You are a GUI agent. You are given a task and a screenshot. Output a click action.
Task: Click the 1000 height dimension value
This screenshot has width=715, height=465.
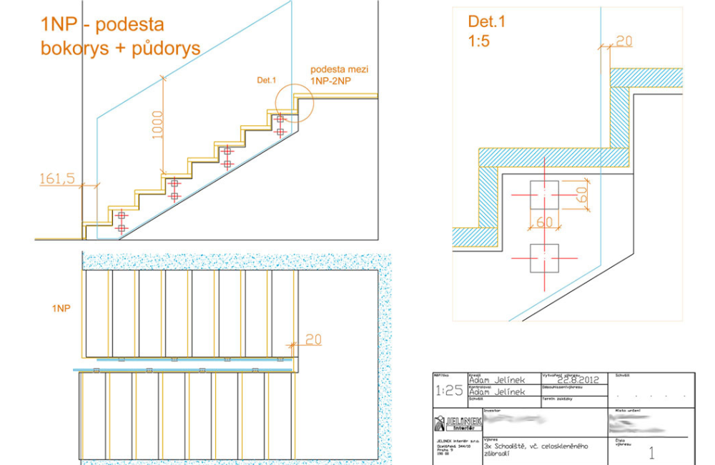coord(158,124)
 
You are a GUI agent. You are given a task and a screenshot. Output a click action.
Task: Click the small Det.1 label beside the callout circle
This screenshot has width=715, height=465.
coord(267,81)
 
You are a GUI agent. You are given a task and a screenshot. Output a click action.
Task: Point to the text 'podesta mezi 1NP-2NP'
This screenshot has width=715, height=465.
coord(335,76)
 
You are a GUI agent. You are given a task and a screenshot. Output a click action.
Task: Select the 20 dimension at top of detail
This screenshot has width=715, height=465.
coord(623,41)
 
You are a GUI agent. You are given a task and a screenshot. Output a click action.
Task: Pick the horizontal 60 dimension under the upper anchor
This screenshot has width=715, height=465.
coord(544,222)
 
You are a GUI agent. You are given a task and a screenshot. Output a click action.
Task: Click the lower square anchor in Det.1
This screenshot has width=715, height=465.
coord(544,258)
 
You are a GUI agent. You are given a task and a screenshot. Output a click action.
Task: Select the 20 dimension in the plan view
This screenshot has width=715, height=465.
coord(313,339)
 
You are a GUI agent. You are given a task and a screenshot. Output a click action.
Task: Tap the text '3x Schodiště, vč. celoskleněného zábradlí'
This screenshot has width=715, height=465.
coord(536,451)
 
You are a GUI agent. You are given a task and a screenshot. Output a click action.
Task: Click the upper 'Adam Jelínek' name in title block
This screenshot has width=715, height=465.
coord(500,381)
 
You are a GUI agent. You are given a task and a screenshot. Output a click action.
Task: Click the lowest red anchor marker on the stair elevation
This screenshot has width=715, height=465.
coord(122,228)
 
